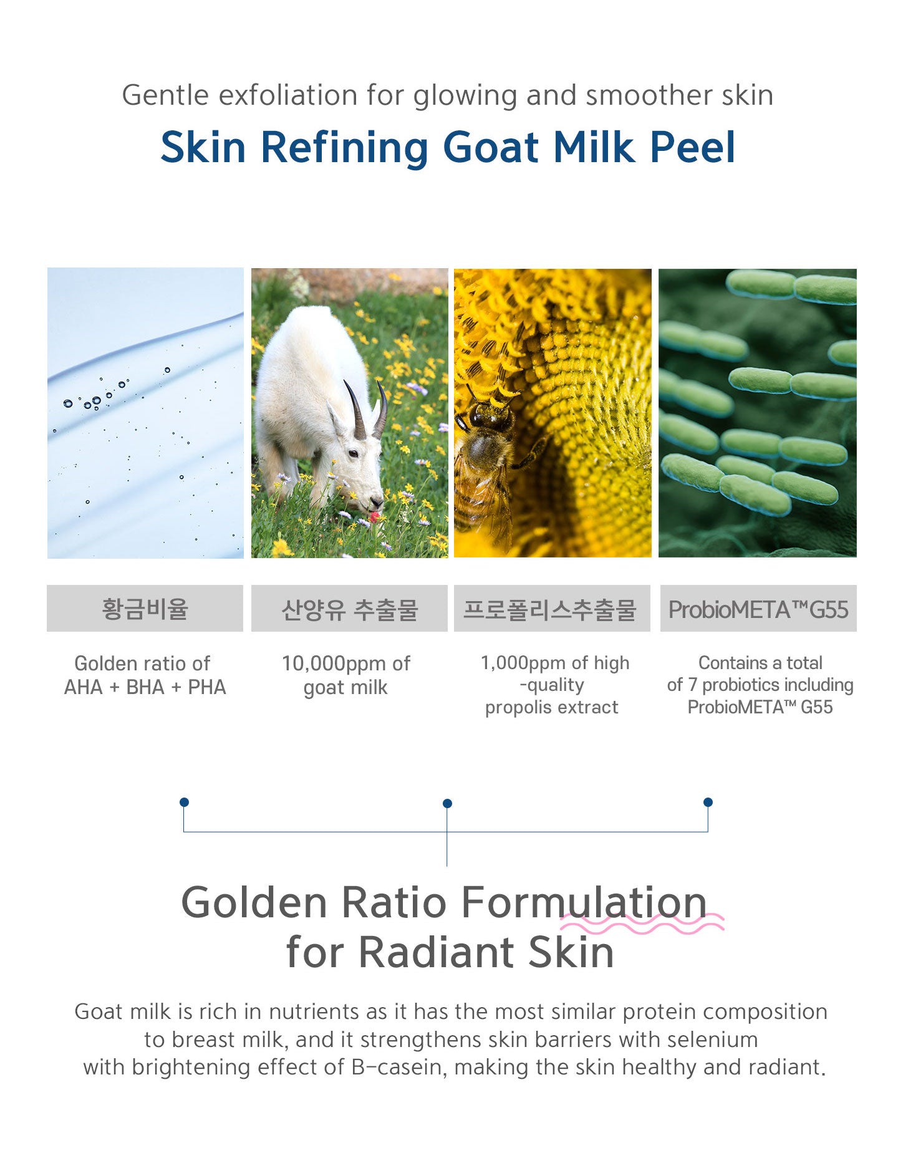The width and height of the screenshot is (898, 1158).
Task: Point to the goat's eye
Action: [354, 454]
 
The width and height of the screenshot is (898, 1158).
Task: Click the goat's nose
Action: [376, 501]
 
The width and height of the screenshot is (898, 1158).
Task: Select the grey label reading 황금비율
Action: [145, 608]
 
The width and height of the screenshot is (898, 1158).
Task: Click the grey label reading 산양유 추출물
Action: [349, 608]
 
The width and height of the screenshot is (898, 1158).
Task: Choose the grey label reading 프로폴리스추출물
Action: [552, 608]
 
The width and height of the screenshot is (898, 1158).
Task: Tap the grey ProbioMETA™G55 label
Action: [758, 608]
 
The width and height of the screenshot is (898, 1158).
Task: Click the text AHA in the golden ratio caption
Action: [83, 687]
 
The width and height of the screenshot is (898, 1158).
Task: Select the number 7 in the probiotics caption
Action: [692, 685]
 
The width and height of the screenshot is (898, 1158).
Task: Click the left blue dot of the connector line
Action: [184, 802]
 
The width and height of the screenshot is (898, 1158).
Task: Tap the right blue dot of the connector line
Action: [708, 802]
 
